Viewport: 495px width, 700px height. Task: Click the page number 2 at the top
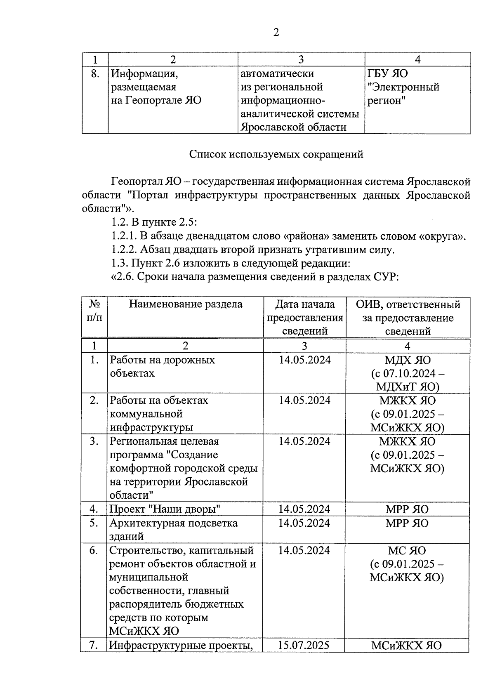(x=276, y=33)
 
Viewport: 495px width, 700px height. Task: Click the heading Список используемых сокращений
(x=276, y=154)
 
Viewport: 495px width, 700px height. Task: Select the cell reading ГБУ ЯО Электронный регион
(x=403, y=87)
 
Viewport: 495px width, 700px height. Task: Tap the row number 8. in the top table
(x=95, y=74)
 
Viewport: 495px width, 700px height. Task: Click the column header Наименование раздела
(x=186, y=304)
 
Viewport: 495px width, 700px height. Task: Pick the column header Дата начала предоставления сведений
(x=305, y=318)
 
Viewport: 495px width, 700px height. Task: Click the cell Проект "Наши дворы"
(x=165, y=509)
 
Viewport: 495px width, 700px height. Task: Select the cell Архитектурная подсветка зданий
(x=173, y=529)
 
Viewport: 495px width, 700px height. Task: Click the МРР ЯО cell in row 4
(x=407, y=509)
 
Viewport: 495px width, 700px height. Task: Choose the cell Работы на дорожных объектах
(x=162, y=366)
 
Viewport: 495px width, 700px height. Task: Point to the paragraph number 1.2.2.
(x=124, y=250)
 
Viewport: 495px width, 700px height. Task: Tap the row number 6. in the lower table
(x=94, y=550)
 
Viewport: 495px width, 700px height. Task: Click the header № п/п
(x=94, y=311)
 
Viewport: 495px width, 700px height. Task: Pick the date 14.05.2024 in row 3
(x=304, y=441)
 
